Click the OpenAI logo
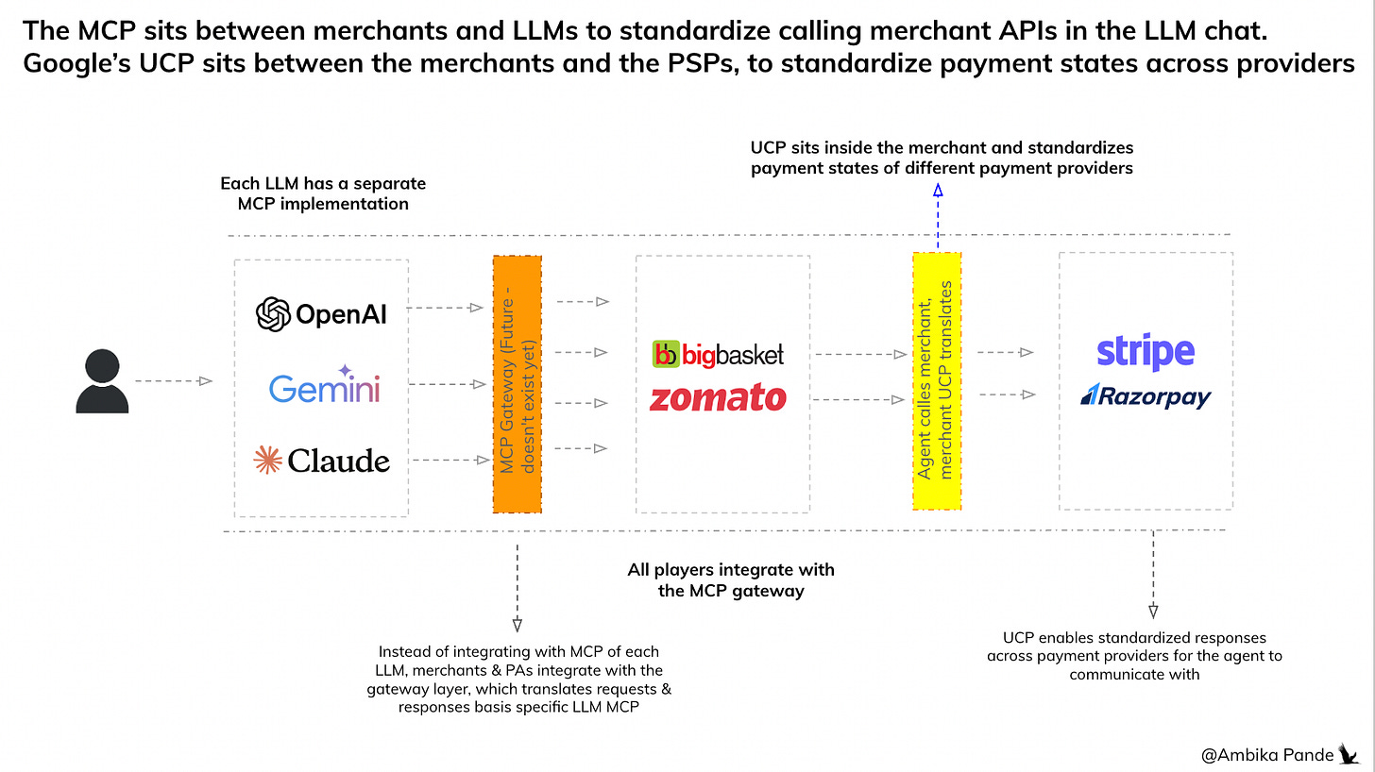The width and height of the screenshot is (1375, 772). (321, 314)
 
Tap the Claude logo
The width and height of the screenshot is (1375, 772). (321, 461)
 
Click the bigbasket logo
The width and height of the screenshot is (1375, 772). (719, 354)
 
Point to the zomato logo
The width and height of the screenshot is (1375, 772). (718, 398)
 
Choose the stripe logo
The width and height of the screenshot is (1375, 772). (1146, 352)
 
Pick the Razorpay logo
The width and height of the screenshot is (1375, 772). (1146, 397)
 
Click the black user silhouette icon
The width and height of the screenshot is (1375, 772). (101, 381)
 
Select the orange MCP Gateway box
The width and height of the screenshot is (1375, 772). (517, 383)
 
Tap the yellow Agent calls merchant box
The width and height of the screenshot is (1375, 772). (937, 381)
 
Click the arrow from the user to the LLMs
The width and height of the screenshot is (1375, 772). (174, 381)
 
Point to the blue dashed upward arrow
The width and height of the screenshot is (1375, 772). (938, 217)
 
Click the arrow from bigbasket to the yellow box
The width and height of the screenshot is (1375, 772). (854, 355)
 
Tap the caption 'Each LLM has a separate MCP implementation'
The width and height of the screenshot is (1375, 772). (323, 193)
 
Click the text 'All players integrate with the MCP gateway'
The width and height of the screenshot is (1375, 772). (731, 580)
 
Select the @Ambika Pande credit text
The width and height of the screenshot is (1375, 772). (1267, 754)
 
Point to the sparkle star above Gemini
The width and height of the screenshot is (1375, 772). (344, 371)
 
